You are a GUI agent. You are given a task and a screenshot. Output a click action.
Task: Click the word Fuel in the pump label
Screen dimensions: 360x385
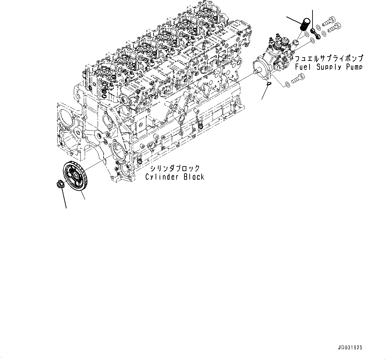coord(303,67)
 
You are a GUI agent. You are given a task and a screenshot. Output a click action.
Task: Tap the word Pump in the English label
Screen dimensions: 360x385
coord(353,67)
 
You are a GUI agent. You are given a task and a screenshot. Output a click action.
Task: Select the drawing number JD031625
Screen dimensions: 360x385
coord(350,348)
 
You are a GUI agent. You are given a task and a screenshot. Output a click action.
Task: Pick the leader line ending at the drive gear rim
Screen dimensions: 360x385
coord(81,195)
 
